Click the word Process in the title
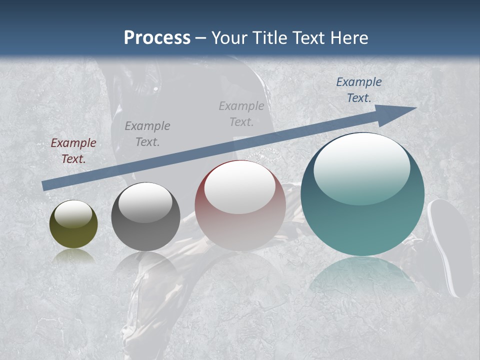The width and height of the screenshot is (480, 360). tap(157, 38)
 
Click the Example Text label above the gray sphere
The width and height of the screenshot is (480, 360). tap(147, 134)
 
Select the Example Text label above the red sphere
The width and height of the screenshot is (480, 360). tap(241, 113)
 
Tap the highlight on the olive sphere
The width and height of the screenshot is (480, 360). tap(73, 214)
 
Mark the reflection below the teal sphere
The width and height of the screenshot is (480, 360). tap(362, 275)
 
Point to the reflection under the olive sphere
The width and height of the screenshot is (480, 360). tap(73, 256)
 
